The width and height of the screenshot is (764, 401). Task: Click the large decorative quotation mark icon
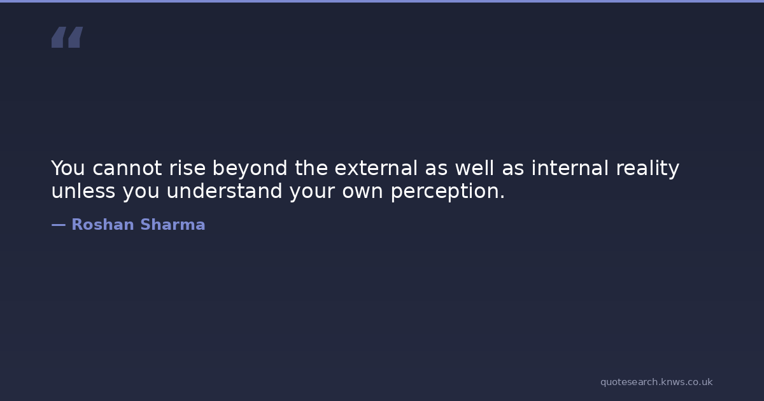(x=67, y=37)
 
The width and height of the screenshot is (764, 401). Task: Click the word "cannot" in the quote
(x=127, y=168)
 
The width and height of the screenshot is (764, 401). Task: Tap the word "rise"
(x=187, y=168)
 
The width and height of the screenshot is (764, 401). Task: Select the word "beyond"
(x=250, y=169)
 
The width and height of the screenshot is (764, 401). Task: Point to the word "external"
(x=376, y=168)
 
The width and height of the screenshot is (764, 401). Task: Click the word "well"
(x=474, y=168)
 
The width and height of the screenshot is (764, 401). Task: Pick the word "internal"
(x=570, y=168)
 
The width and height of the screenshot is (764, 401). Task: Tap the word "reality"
(x=647, y=169)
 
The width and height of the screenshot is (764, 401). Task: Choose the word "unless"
(x=83, y=190)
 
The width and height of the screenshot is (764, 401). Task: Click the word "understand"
(x=224, y=190)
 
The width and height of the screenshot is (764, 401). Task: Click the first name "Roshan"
(x=103, y=225)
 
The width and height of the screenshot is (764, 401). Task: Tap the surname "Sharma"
(x=173, y=225)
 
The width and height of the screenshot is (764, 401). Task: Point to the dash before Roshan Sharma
(x=59, y=225)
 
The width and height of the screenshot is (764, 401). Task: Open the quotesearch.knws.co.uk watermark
(x=656, y=383)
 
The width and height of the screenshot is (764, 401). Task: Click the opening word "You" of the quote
(x=68, y=168)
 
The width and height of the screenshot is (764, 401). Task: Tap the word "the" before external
(x=311, y=168)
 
